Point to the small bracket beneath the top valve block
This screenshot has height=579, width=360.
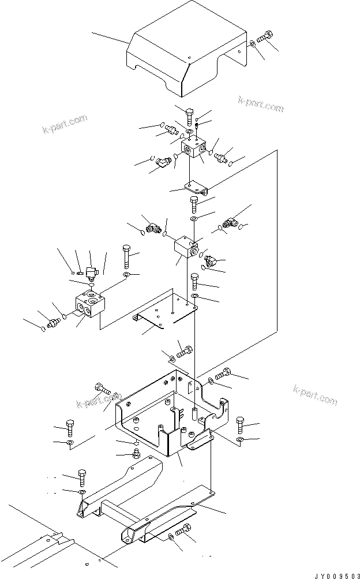coord(195,186)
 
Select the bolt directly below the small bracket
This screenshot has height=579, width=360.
coord(193,204)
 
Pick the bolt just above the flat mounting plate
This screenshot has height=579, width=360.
coord(195,282)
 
